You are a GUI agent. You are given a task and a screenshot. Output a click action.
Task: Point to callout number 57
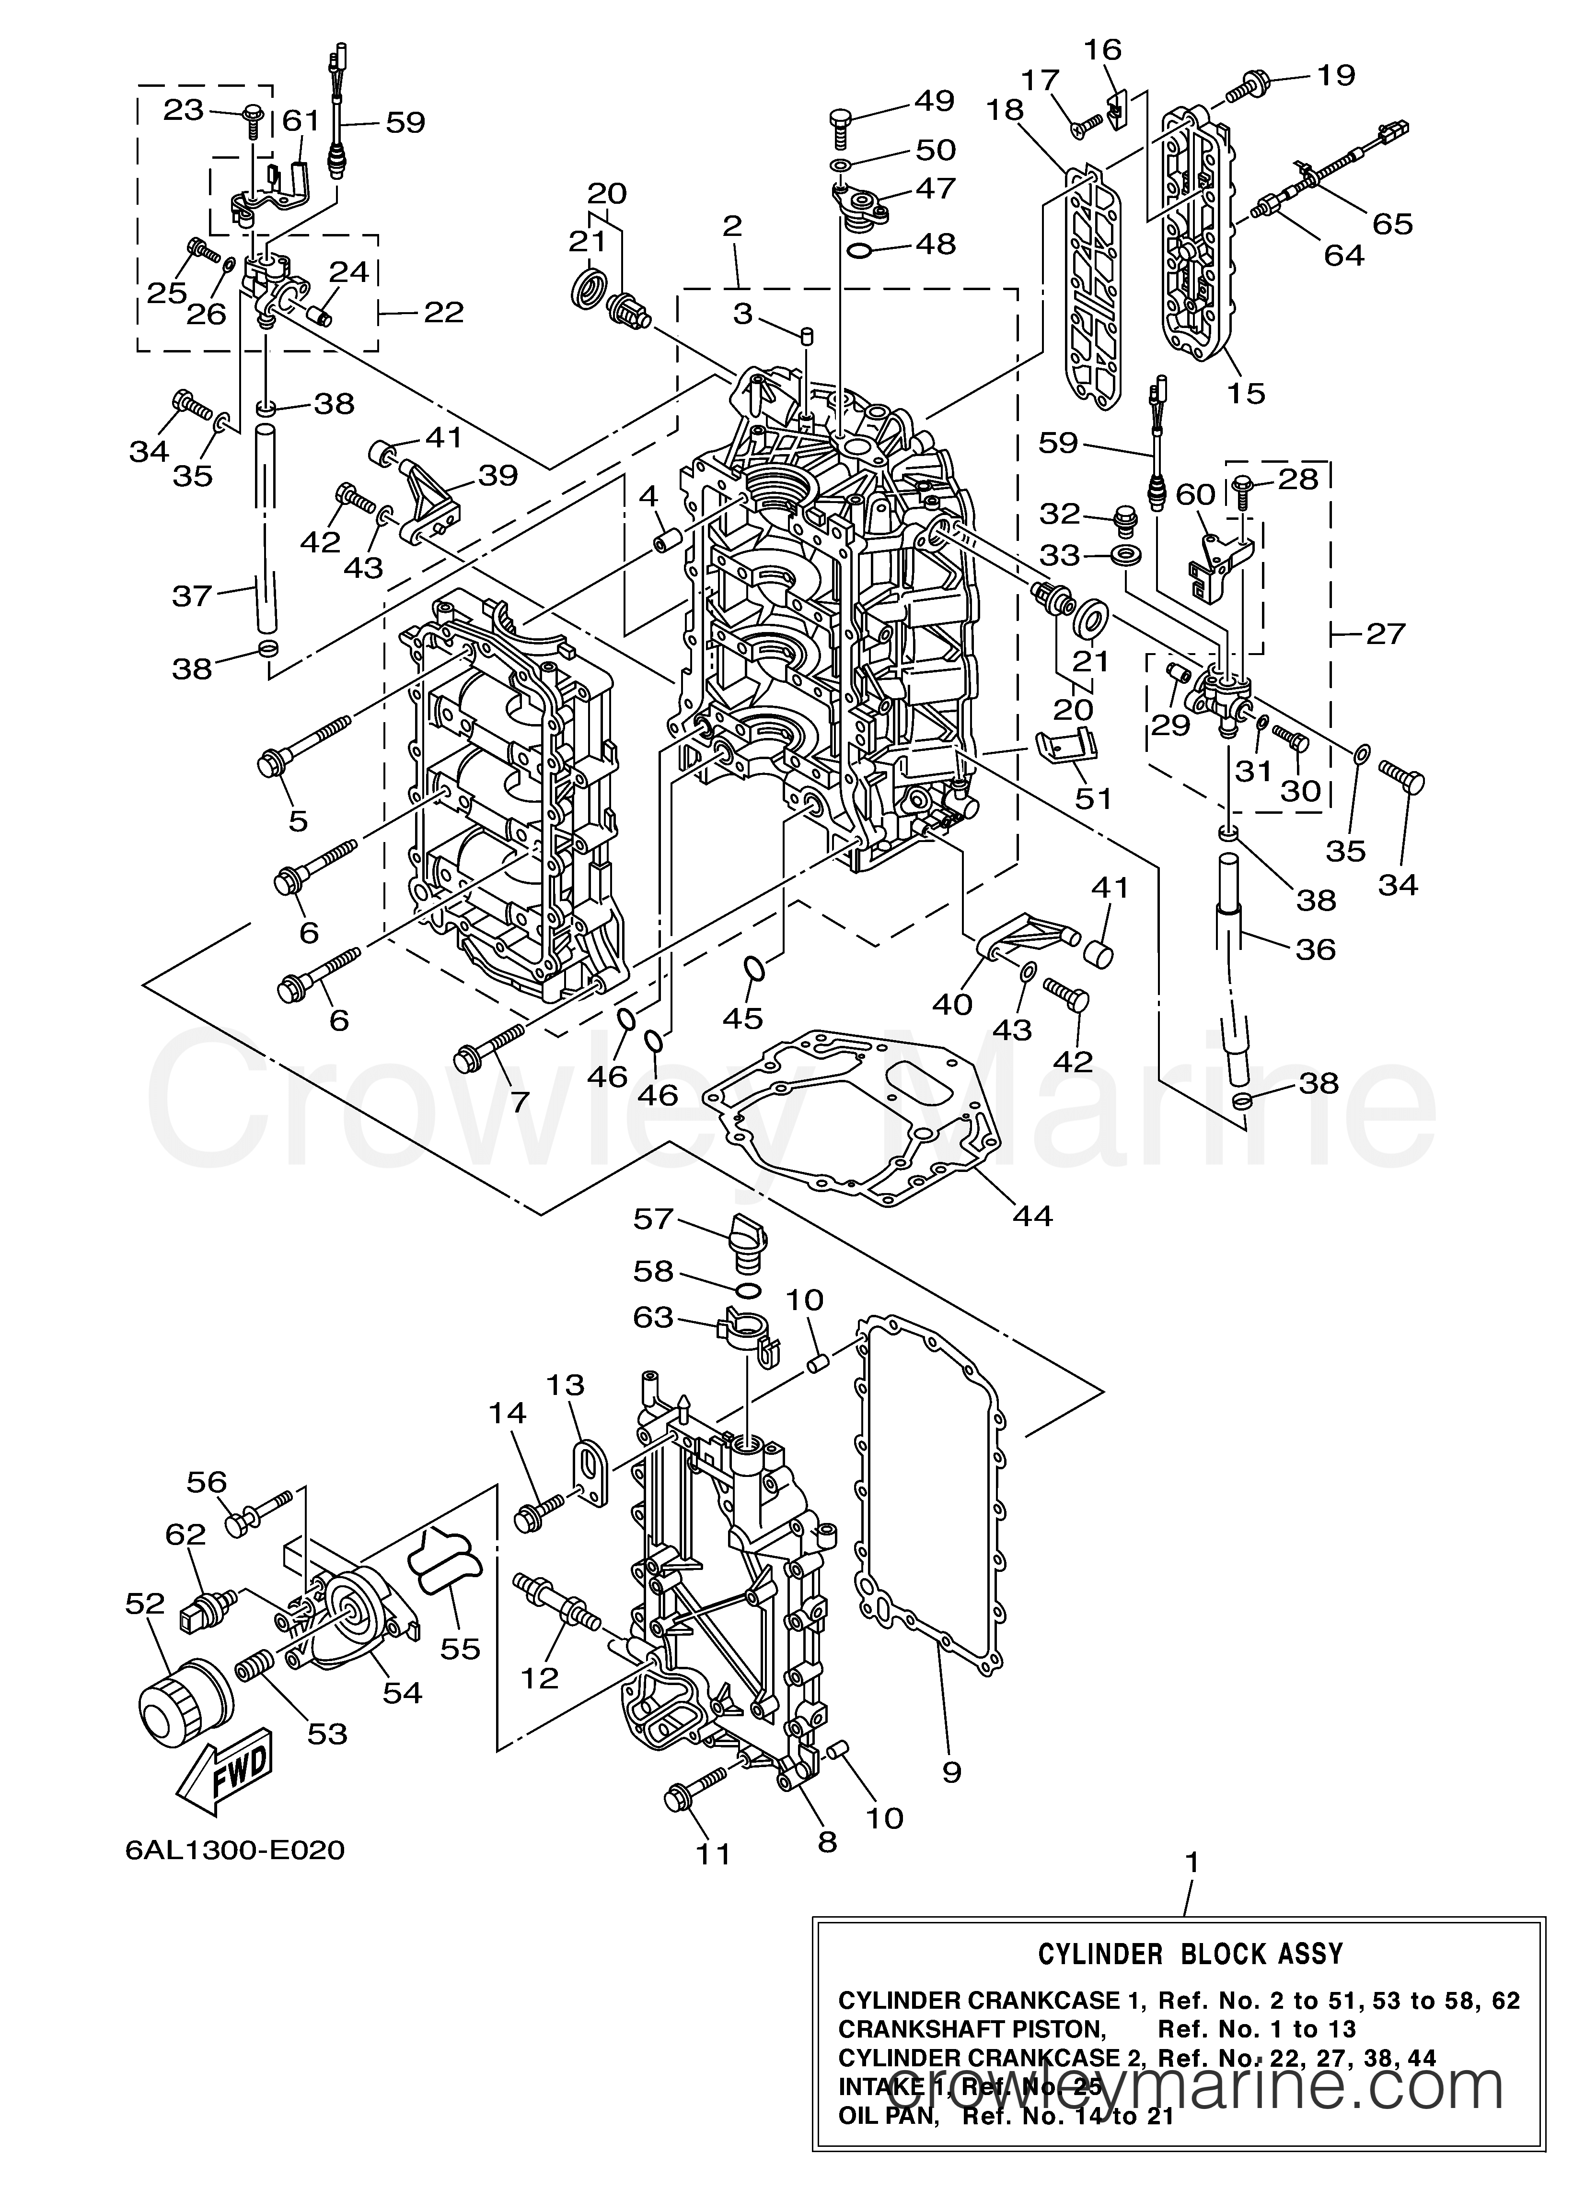653,1218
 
